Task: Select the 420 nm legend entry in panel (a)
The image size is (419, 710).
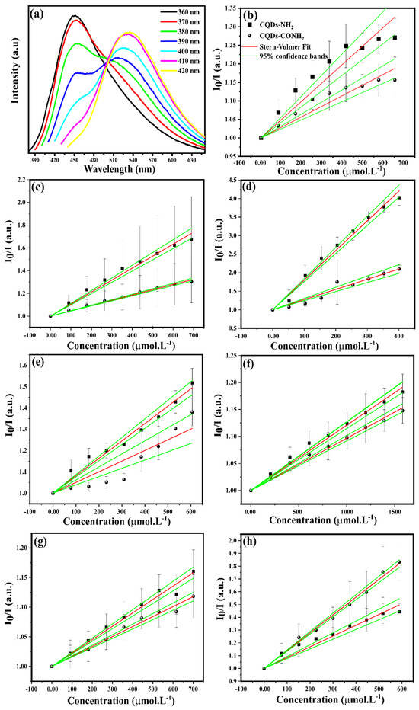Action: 177,75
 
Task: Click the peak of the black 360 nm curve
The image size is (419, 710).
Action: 74,15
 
